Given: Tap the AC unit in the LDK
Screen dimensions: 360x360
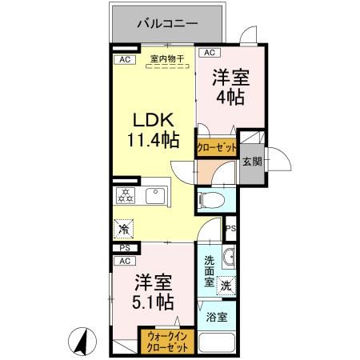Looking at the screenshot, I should pos(124,59).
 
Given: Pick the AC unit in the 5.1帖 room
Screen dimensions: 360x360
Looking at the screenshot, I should pos(124,261).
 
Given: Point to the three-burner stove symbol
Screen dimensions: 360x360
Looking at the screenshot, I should pos(126,194).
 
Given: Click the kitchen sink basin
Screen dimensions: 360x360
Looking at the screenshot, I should pos(154,194).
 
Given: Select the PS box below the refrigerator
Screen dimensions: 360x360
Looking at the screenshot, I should pos(124,249).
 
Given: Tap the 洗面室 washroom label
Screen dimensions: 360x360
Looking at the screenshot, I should pos(209,270).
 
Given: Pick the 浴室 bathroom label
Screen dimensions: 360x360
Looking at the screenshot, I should pos(216,317).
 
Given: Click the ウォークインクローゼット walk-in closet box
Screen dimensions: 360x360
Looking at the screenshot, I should pos(167,342).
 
